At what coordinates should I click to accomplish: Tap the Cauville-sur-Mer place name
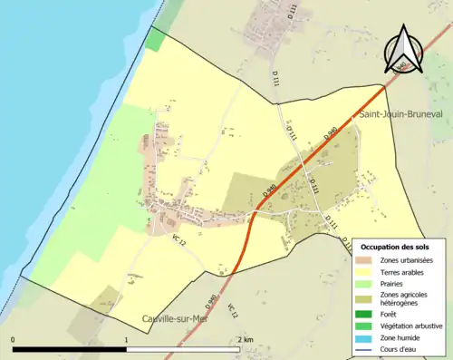[178, 317]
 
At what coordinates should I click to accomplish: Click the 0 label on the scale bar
[13, 339]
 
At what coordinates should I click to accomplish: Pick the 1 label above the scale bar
[125, 339]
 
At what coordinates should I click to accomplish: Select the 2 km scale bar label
[242, 339]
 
